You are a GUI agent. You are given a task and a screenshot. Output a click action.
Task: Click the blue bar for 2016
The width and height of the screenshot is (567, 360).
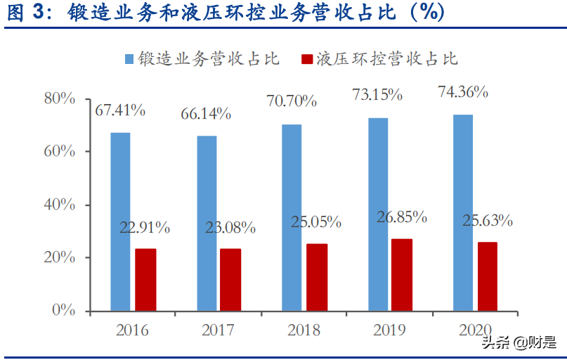pyautogui.click(x=120, y=221)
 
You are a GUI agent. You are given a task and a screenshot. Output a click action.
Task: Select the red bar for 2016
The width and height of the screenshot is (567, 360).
pyautogui.click(x=145, y=280)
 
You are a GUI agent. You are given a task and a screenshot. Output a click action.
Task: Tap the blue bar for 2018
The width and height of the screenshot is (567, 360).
pyautogui.click(x=292, y=217)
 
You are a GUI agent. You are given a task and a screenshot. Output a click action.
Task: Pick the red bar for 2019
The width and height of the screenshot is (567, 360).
pyautogui.click(x=402, y=275)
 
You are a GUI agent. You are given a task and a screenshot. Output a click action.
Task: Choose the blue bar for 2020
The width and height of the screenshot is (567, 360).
pyautogui.click(x=463, y=212)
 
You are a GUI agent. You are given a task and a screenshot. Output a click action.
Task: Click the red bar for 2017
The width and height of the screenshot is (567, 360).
pyautogui.click(x=230, y=280)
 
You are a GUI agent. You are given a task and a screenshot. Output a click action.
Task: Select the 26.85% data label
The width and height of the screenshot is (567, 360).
pyautogui.click(x=402, y=217)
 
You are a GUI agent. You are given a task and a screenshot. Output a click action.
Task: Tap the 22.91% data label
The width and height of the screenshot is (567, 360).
pyautogui.click(x=145, y=227)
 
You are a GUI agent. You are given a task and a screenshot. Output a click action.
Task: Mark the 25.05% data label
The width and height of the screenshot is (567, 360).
pyautogui.click(x=316, y=222)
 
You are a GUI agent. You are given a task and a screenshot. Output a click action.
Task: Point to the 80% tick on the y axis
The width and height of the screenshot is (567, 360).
pyautogui.click(x=59, y=98)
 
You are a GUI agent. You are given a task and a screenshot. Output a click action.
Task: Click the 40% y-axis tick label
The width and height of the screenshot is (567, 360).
pyautogui.click(x=59, y=205)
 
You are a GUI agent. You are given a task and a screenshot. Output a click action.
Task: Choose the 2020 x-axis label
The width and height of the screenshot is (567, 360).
pyautogui.click(x=474, y=330)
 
